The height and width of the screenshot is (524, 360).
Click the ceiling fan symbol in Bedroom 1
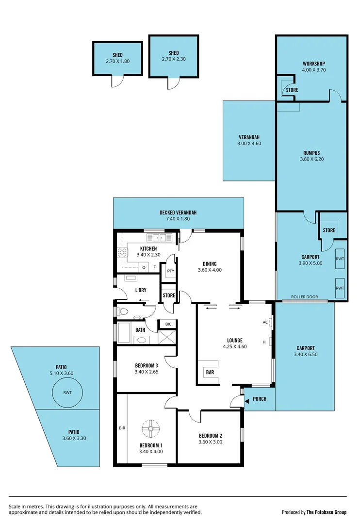[x=150, y=428]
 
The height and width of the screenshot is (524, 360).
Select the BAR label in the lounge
[x=210, y=372]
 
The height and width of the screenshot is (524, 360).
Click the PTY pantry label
[x=170, y=271]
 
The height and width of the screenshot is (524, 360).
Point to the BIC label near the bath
[x=168, y=324]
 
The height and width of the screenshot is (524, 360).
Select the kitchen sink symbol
[x=160, y=237]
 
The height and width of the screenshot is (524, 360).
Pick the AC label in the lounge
[x=265, y=322]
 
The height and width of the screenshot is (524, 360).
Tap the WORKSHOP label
[x=313, y=64]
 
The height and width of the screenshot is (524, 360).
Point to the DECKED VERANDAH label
[x=178, y=213]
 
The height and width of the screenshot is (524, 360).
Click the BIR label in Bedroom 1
[x=122, y=428]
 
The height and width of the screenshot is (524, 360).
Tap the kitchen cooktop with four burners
[x=122, y=252]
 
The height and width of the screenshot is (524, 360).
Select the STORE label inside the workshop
[x=292, y=90]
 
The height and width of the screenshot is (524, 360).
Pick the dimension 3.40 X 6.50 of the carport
[x=304, y=355]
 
